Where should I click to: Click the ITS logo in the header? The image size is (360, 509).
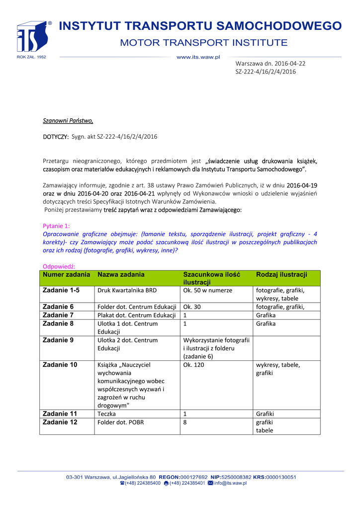pos(34,38)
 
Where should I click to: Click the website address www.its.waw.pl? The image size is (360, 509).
pos(198,57)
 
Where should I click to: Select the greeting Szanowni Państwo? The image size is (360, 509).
pos(68,120)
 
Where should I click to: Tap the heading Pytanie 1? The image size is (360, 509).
pos(57,226)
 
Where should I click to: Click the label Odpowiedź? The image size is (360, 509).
pos(59,266)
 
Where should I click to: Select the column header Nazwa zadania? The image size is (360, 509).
pos(121,274)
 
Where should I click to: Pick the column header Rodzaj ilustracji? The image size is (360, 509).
pos(281,274)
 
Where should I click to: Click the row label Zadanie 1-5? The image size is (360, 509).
pos(61,290)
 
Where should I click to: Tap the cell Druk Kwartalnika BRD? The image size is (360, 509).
pos(128,290)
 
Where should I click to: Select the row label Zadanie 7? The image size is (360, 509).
pos(58,315)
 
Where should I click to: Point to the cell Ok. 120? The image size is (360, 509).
pos(193,365)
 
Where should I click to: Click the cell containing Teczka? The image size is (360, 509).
pos(106,414)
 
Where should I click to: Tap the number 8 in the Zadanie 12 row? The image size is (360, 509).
pos(185,422)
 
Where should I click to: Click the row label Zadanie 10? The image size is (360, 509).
pos(60,365)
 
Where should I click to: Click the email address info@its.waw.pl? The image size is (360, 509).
pos(230,483)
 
